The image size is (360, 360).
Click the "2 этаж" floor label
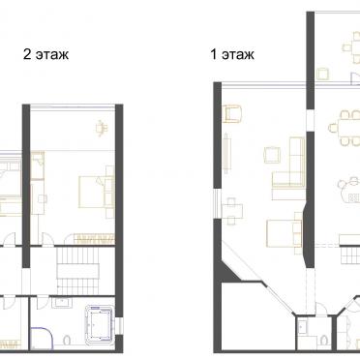coord(45,54)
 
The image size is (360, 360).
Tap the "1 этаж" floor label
coord(232,54)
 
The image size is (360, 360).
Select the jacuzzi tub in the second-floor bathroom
coord(100,323)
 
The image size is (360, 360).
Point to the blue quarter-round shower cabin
coord(42,338)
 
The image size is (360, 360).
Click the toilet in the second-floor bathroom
coord(68,341)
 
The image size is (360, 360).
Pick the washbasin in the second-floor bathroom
coord(61,303)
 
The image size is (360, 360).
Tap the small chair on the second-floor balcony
coord(102,128)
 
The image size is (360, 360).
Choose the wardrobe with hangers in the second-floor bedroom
coord(94,239)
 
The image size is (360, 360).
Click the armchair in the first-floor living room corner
coord(232,114)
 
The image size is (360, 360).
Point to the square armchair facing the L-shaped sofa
coord(272,155)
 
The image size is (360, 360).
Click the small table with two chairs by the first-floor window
coord(233,211)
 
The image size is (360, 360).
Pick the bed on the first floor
coord(285,233)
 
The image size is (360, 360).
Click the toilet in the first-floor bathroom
coord(323,341)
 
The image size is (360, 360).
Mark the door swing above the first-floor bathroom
coord(320,308)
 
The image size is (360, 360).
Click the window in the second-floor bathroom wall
coord(119,325)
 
